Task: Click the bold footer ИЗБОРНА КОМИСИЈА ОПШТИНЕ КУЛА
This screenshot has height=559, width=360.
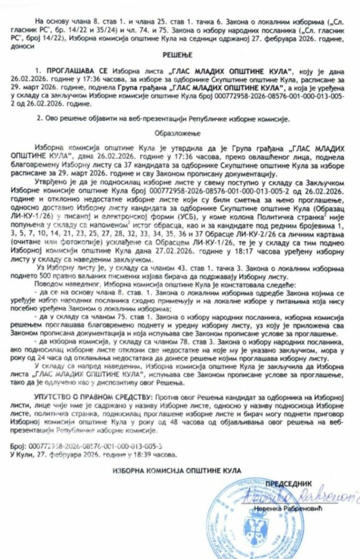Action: tap(176, 470)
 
